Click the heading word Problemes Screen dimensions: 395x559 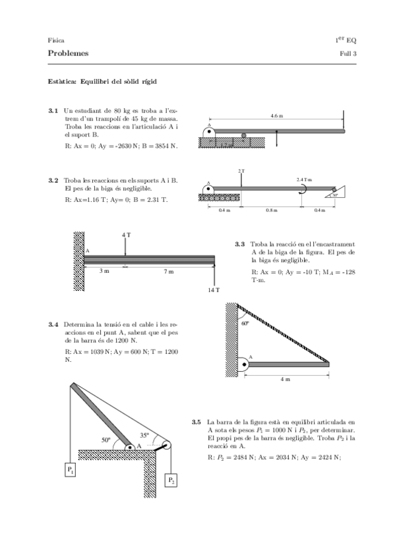click(68, 53)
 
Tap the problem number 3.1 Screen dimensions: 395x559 click(53, 111)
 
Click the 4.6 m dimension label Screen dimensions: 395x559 click(277, 116)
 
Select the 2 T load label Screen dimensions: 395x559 click(241, 171)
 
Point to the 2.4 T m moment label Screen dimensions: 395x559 click(305, 180)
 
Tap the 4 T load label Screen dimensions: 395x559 click(126, 235)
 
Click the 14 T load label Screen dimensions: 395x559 click(214, 290)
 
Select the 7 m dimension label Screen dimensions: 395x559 click(169, 272)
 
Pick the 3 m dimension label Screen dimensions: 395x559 click(104, 272)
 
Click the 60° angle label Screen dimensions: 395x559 click(245, 324)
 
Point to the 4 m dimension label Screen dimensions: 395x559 click(285, 380)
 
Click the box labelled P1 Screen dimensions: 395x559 click(71, 469)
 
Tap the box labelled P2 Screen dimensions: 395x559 click(171, 480)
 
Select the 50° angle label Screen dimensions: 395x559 click(106, 440)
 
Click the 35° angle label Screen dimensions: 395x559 click(144, 435)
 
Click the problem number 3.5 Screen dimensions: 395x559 click(197, 423)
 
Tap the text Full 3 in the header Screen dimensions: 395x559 click(348, 54)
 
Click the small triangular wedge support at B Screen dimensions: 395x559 click(336, 192)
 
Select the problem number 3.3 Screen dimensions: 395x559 click(240, 245)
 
